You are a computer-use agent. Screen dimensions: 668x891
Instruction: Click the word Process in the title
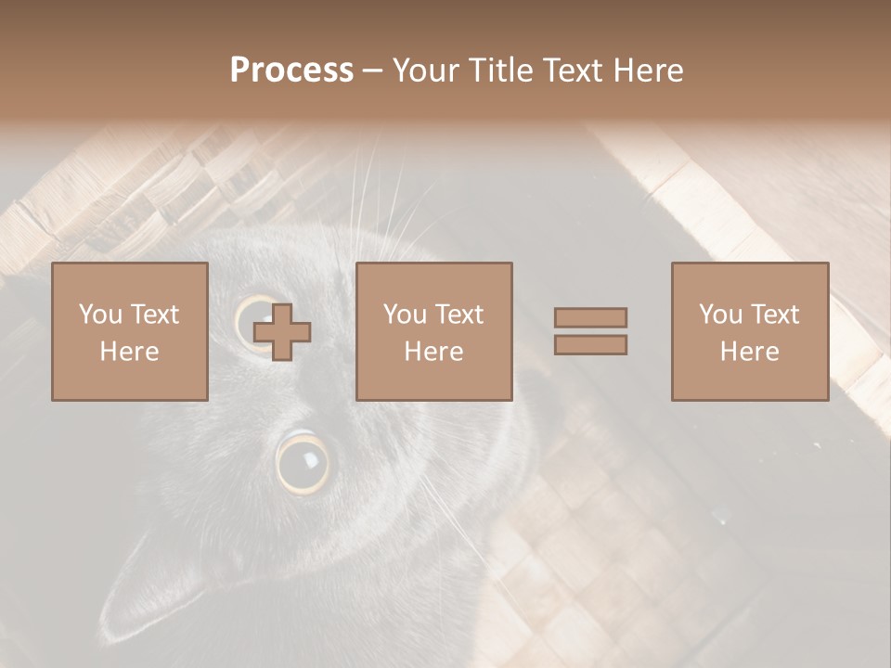pyautogui.click(x=291, y=71)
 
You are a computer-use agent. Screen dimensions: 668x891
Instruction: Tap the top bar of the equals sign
pyautogui.click(x=590, y=317)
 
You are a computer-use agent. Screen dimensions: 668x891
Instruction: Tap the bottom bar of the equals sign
pyautogui.click(x=590, y=344)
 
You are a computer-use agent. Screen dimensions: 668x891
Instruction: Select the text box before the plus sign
pyautogui.click(x=129, y=331)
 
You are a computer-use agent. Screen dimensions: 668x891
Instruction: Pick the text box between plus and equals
pyautogui.click(x=433, y=331)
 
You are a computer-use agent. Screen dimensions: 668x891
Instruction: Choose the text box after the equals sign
pyautogui.click(x=749, y=331)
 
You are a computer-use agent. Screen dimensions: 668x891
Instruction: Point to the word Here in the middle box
pyautogui.click(x=433, y=352)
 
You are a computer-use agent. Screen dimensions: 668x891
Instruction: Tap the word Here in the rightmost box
pyautogui.click(x=749, y=352)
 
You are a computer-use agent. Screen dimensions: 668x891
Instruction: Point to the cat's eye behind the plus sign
pyautogui.click(x=252, y=320)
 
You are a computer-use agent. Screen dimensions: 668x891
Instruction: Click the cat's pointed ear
pyautogui.click(x=139, y=594)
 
